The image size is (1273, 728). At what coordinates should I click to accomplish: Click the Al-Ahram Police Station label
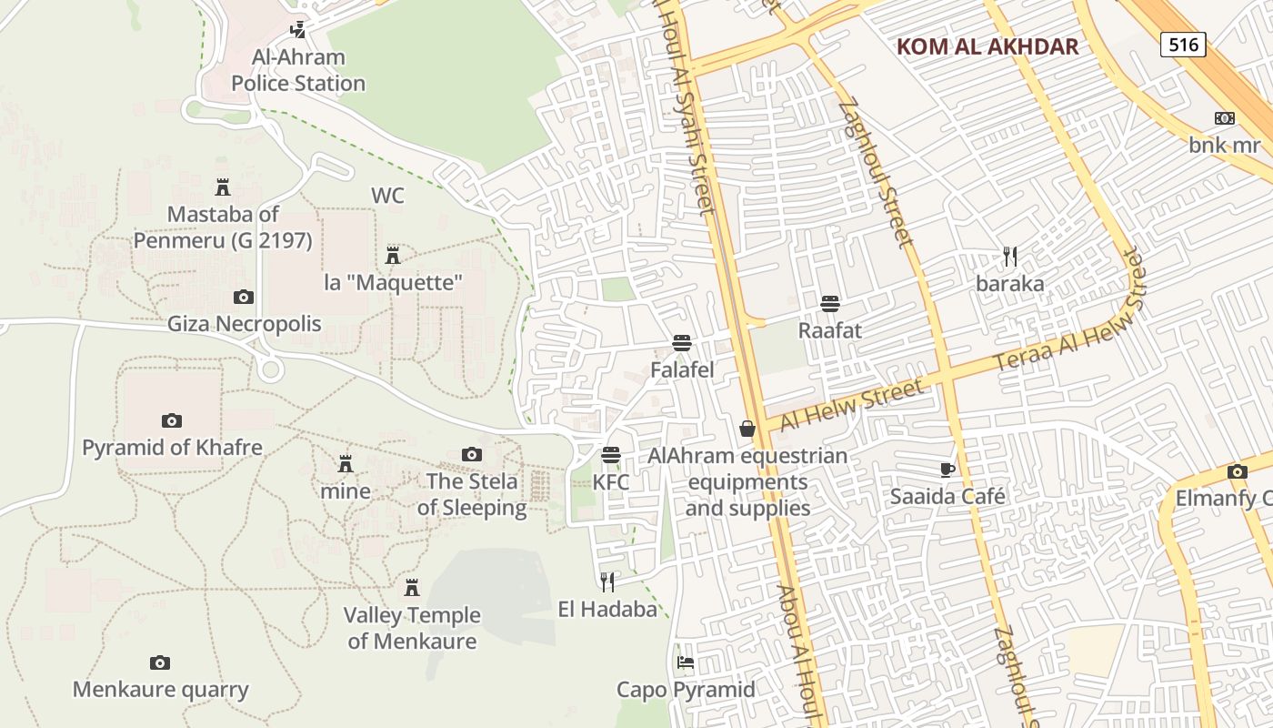298,71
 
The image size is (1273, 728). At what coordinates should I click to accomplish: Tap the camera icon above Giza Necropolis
244,297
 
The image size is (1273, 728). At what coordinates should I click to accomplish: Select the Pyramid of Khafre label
172,448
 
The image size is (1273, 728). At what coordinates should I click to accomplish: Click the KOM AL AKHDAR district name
987,47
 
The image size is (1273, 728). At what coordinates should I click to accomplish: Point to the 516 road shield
1183,44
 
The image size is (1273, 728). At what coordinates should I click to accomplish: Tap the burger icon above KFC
611,454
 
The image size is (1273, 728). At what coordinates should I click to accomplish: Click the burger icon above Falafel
682,342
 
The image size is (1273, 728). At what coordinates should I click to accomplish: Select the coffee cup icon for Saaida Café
947,470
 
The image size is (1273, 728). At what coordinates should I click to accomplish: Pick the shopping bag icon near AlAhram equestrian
747,428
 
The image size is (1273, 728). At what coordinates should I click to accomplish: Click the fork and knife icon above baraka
1009,256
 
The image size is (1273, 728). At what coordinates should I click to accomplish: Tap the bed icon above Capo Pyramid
686,662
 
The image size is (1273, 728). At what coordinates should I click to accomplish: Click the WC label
387,196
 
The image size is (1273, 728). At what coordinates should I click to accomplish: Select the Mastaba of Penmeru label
223,227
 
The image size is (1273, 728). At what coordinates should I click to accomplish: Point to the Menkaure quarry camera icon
160,662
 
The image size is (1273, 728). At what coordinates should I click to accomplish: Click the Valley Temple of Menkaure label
412,628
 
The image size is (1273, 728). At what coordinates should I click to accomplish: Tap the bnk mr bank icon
1225,118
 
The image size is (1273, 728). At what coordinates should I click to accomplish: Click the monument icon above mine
346,464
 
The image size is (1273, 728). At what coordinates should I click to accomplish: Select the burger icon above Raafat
829,303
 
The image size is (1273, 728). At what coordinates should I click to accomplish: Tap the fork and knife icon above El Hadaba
607,581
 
